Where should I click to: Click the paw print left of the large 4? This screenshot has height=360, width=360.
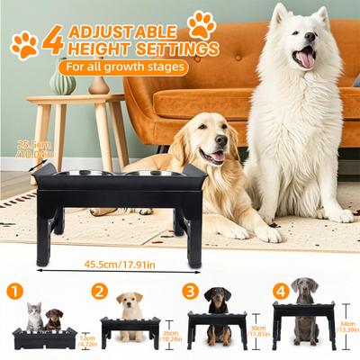[24, 44]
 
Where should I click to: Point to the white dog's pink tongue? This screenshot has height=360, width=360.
[305, 59]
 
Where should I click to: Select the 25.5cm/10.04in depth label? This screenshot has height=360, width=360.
[35, 147]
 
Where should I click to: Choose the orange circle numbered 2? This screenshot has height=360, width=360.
[101, 291]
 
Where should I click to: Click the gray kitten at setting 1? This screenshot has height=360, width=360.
[34, 315]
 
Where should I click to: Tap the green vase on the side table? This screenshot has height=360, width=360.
[62, 83]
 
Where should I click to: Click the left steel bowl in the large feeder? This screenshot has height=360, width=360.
[102, 173]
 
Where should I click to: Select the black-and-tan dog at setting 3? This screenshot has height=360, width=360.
[218, 310]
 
